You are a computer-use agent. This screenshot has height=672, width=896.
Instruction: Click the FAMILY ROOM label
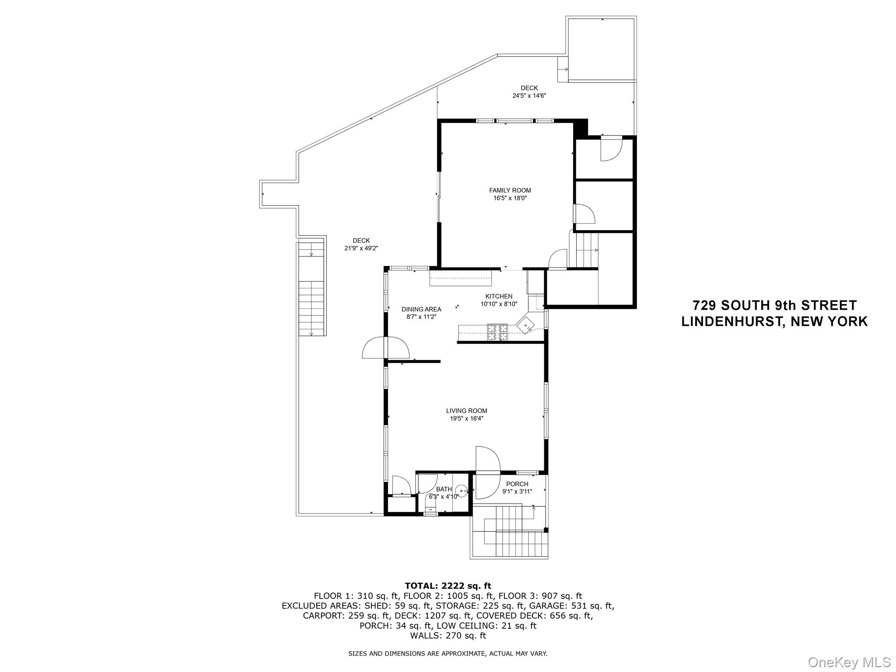click(x=510, y=190)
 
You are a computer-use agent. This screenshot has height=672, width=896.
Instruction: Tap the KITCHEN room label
click(x=498, y=296)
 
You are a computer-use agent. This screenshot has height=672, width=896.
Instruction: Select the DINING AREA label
click(x=421, y=309)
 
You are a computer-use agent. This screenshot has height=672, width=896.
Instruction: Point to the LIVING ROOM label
click(x=466, y=411)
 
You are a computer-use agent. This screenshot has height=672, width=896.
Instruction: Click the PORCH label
click(x=517, y=484)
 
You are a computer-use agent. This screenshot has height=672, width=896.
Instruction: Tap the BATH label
click(x=444, y=489)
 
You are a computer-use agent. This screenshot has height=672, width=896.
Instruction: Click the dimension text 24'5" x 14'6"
click(x=529, y=95)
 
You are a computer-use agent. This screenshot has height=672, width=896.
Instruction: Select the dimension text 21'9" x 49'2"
click(x=361, y=248)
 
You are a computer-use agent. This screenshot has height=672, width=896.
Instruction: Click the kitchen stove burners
click(x=497, y=332)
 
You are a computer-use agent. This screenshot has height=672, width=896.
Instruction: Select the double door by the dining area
click(x=386, y=348)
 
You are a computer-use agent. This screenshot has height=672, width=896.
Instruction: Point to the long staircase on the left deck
click(x=312, y=289)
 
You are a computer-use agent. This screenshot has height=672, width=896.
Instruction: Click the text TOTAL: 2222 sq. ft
click(x=448, y=586)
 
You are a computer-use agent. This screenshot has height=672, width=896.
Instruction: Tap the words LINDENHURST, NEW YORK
click(x=774, y=322)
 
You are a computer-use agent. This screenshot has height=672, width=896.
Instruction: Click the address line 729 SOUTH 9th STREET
click(x=774, y=305)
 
